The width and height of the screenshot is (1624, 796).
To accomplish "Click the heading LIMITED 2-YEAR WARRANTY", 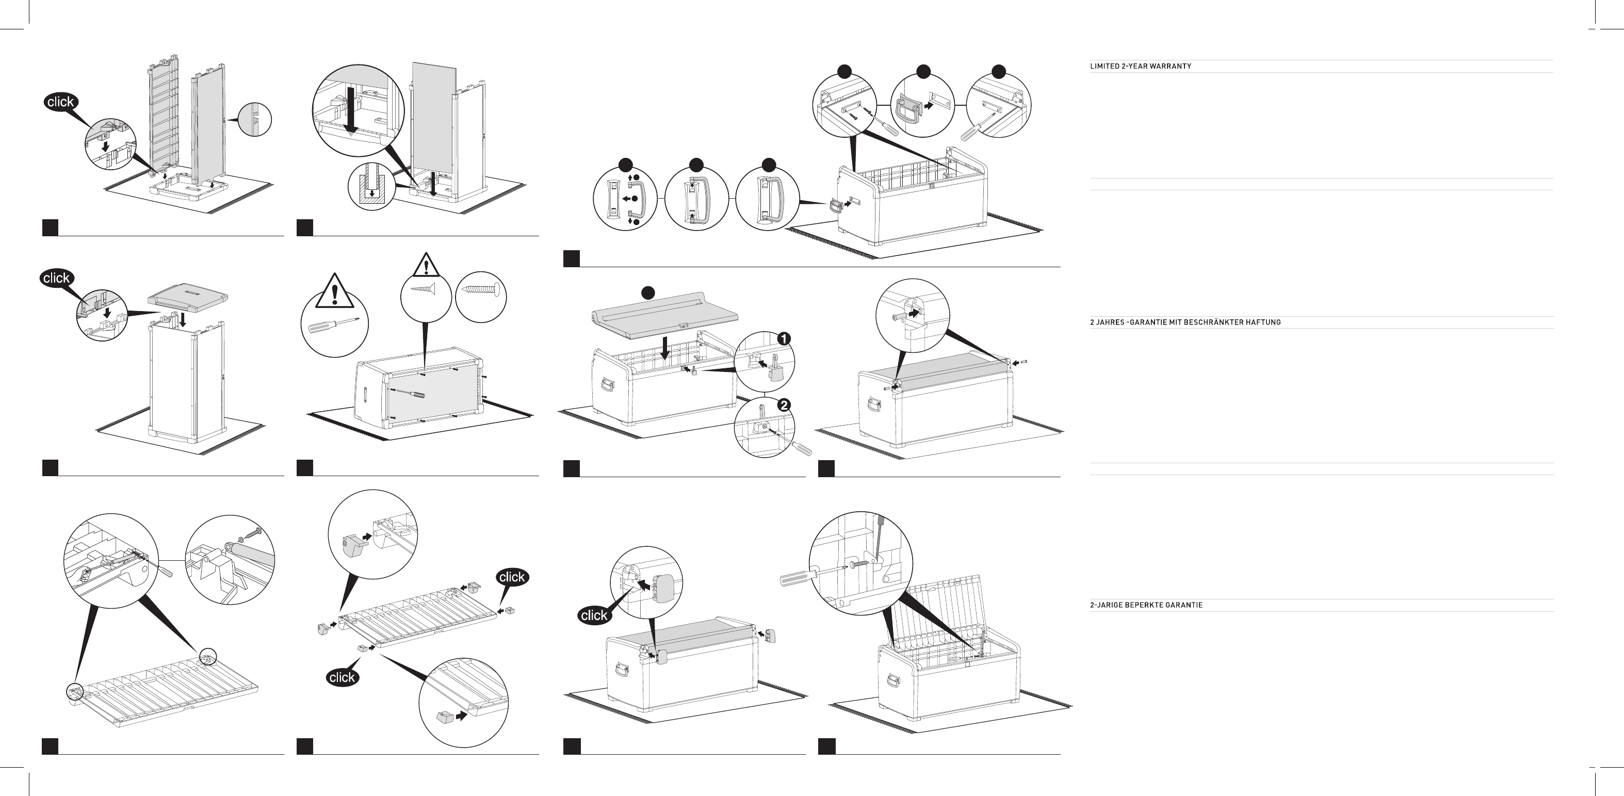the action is pyautogui.click(x=1141, y=66).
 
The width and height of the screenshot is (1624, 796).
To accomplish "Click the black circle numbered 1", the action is pyautogui.click(x=784, y=339).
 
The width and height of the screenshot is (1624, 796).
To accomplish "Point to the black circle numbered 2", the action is pyautogui.click(x=784, y=405).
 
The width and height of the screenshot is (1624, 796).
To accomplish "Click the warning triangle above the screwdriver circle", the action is pyautogui.click(x=334, y=290).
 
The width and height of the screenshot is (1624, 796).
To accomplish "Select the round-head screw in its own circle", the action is pyautogui.click(x=482, y=289).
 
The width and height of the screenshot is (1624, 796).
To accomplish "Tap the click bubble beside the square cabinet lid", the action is pyautogui.click(x=57, y=278).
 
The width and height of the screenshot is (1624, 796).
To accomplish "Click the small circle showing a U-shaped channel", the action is pyautogui.click(x=371, y=187).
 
